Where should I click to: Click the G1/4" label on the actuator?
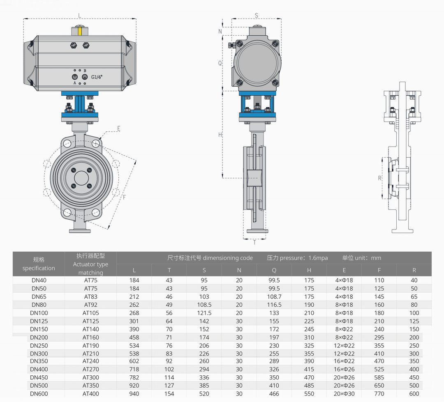click(x=97, y=77)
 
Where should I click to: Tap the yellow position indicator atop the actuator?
click(x=80, y=31)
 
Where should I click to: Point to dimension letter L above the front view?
click(x=80, y=16)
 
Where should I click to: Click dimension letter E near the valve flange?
click(x=119, y=129)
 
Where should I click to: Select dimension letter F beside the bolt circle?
click(x=124, y=197)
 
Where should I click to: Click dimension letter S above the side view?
click(x=256, y=15)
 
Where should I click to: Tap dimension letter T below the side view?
click(x=254, y=243)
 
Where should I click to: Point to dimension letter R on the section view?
click(x=380, y=178)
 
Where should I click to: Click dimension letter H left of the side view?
click(x=220, y=135)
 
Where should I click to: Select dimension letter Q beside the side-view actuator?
click(x=220, y=63)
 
